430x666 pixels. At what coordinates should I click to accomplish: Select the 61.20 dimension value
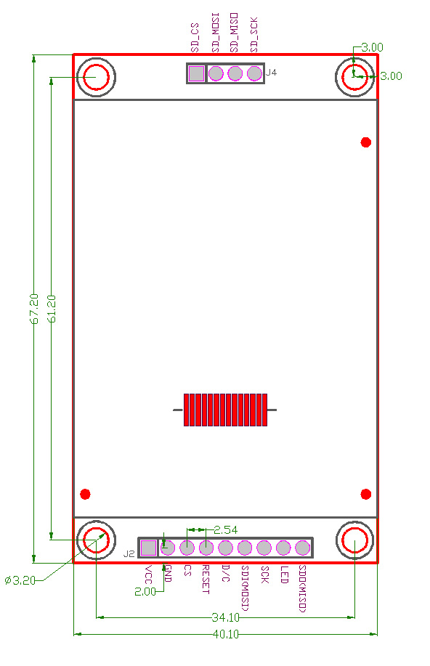(x=51, y=308)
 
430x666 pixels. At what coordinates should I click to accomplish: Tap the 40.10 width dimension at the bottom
(x=225, y=634)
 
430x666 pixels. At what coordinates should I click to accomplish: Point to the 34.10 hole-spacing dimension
(x=225, y=617)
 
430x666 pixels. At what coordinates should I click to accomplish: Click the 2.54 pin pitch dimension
(x=225, y=529)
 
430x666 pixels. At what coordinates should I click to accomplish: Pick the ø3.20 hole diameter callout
(x=20, y=580)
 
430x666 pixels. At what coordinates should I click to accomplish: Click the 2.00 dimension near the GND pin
(x=145, y=591)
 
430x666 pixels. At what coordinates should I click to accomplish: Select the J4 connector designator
(x=271, y=73)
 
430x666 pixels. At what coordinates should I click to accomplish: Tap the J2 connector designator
(x=129, y=553)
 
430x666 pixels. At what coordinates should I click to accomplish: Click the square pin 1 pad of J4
(x=196, y=73)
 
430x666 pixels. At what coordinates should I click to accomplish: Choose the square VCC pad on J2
(x=148, y=548)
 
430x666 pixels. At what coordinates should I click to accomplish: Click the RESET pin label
(x=206, y=579)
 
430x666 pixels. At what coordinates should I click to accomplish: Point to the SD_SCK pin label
(x=253, y=35)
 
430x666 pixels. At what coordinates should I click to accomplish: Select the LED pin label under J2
(x=284, y=574)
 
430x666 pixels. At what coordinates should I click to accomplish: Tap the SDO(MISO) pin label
(x=303, y=588)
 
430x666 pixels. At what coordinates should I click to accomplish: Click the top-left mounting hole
(x=96, y=77)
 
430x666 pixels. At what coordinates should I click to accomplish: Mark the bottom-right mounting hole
(x=354, y=541)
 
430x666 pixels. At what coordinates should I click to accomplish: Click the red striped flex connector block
(x=225, y=410)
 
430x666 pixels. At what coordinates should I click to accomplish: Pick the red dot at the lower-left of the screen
(x=85, y=495)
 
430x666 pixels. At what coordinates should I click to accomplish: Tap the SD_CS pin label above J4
(x=195, y=37)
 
